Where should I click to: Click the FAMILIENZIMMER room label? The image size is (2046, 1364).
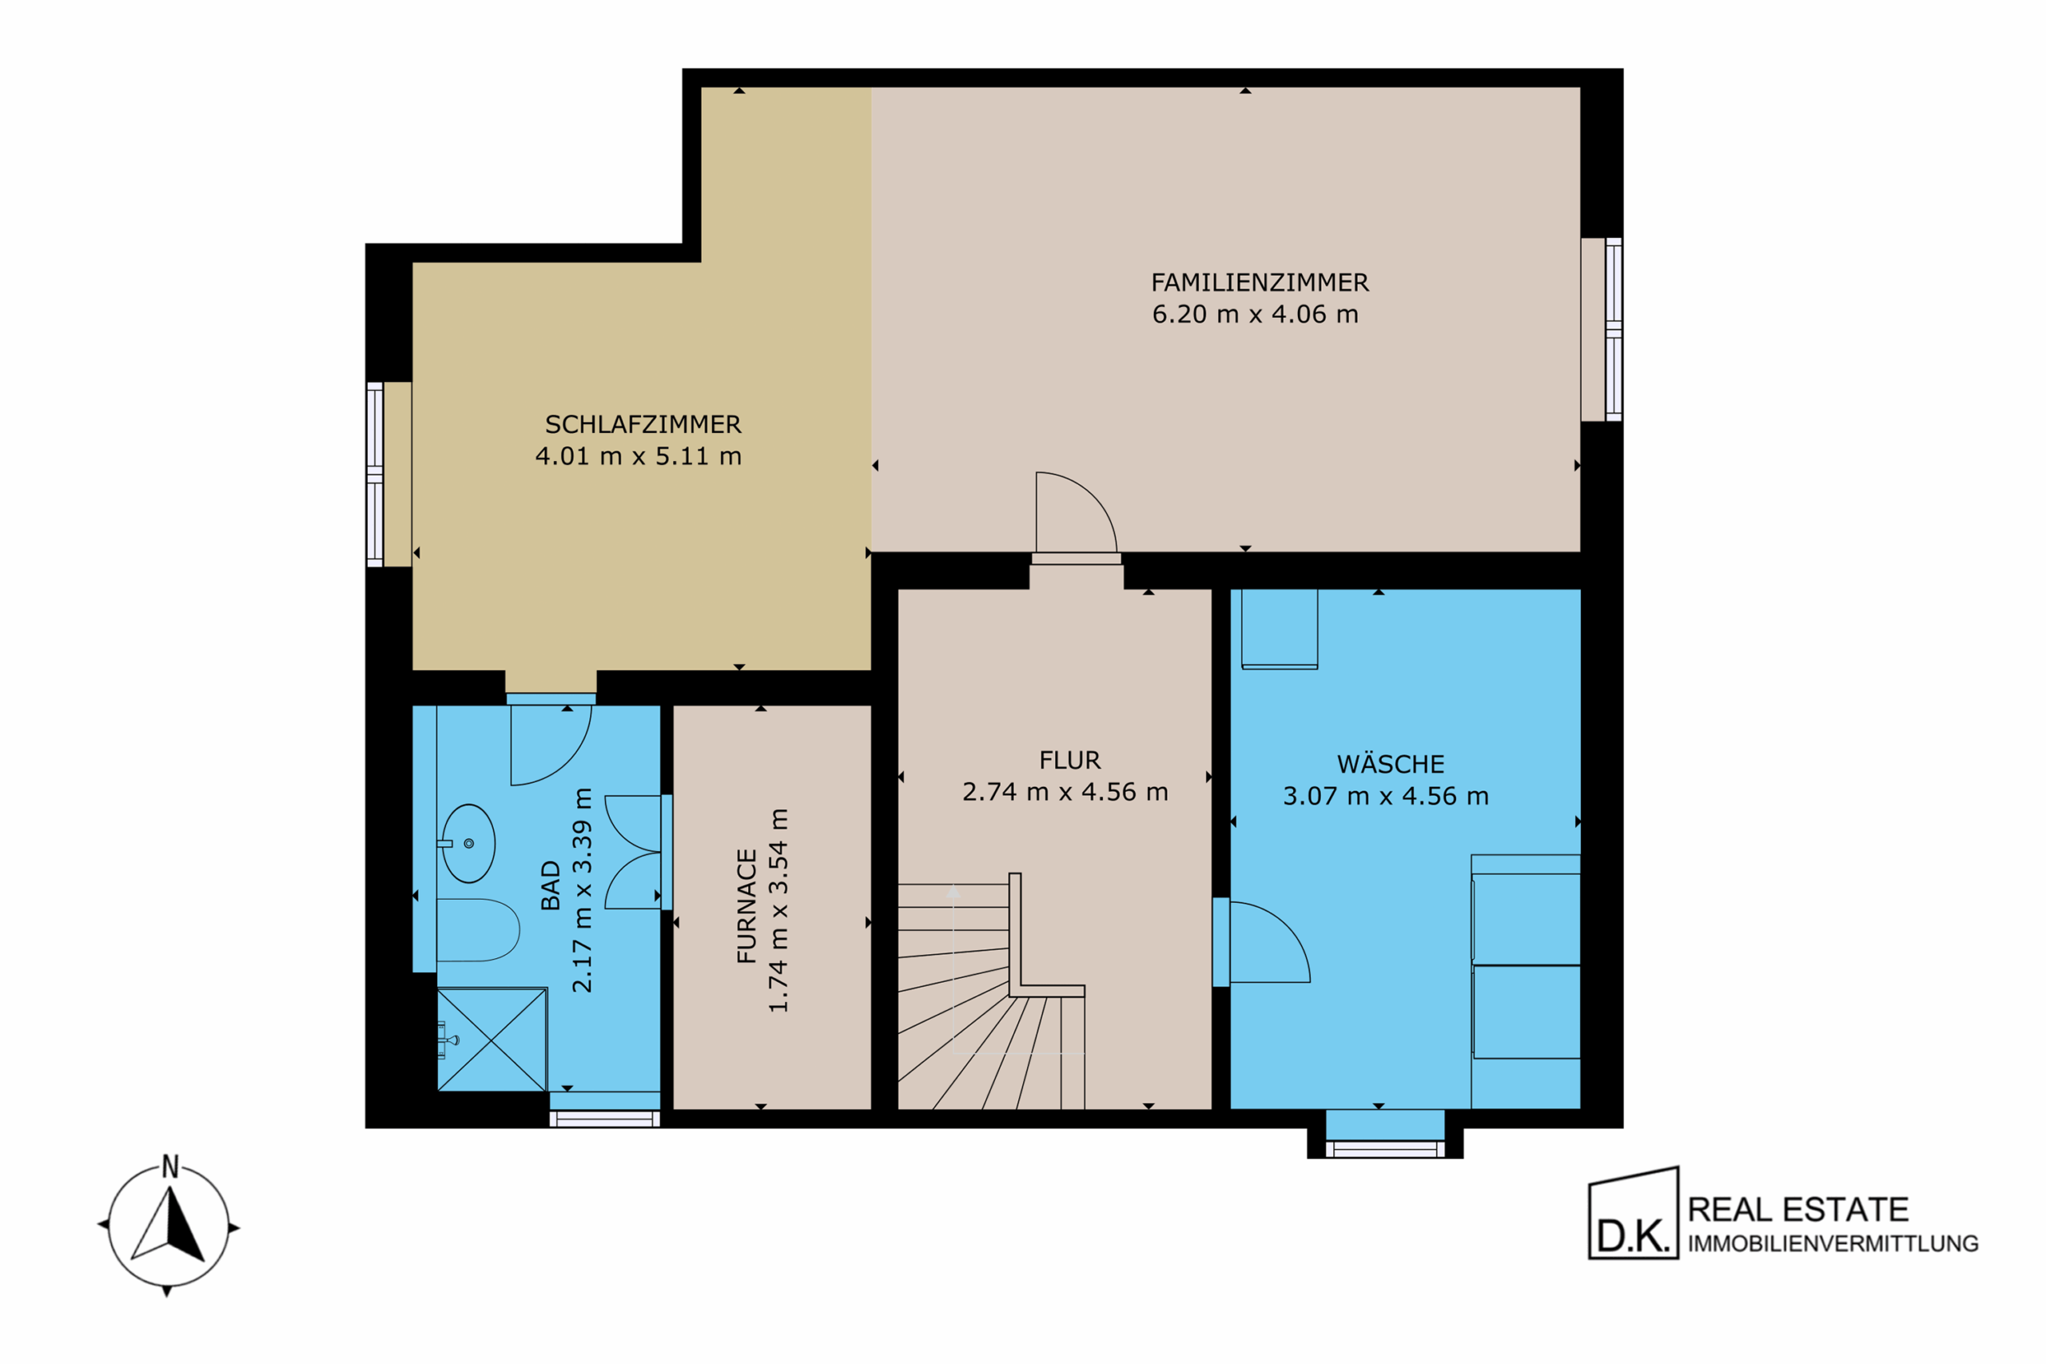1260,283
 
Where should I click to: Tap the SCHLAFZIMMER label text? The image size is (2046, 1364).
643,424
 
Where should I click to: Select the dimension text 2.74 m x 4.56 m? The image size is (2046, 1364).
1065,792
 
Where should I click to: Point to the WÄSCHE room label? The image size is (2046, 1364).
1390,764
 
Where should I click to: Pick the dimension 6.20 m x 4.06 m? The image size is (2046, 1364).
1256,314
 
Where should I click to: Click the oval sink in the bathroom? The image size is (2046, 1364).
468,843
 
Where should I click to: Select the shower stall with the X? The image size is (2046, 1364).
492,1039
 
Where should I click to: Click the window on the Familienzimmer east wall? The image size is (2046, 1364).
1614,329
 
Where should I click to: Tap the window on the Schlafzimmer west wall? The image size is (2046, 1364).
375,474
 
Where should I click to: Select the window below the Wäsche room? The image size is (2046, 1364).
1385,1149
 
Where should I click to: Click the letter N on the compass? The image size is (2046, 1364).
170,1167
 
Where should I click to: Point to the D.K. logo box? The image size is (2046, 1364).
1634,1214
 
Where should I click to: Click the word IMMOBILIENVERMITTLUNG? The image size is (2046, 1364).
1833,1244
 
